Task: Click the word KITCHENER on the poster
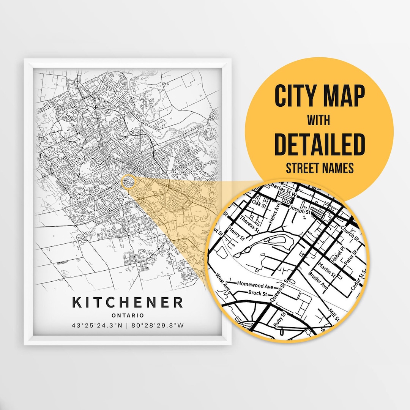128,303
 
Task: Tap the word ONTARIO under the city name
128,315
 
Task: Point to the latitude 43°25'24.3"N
97,326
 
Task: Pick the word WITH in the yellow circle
319,121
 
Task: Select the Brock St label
257,293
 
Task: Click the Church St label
349,232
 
